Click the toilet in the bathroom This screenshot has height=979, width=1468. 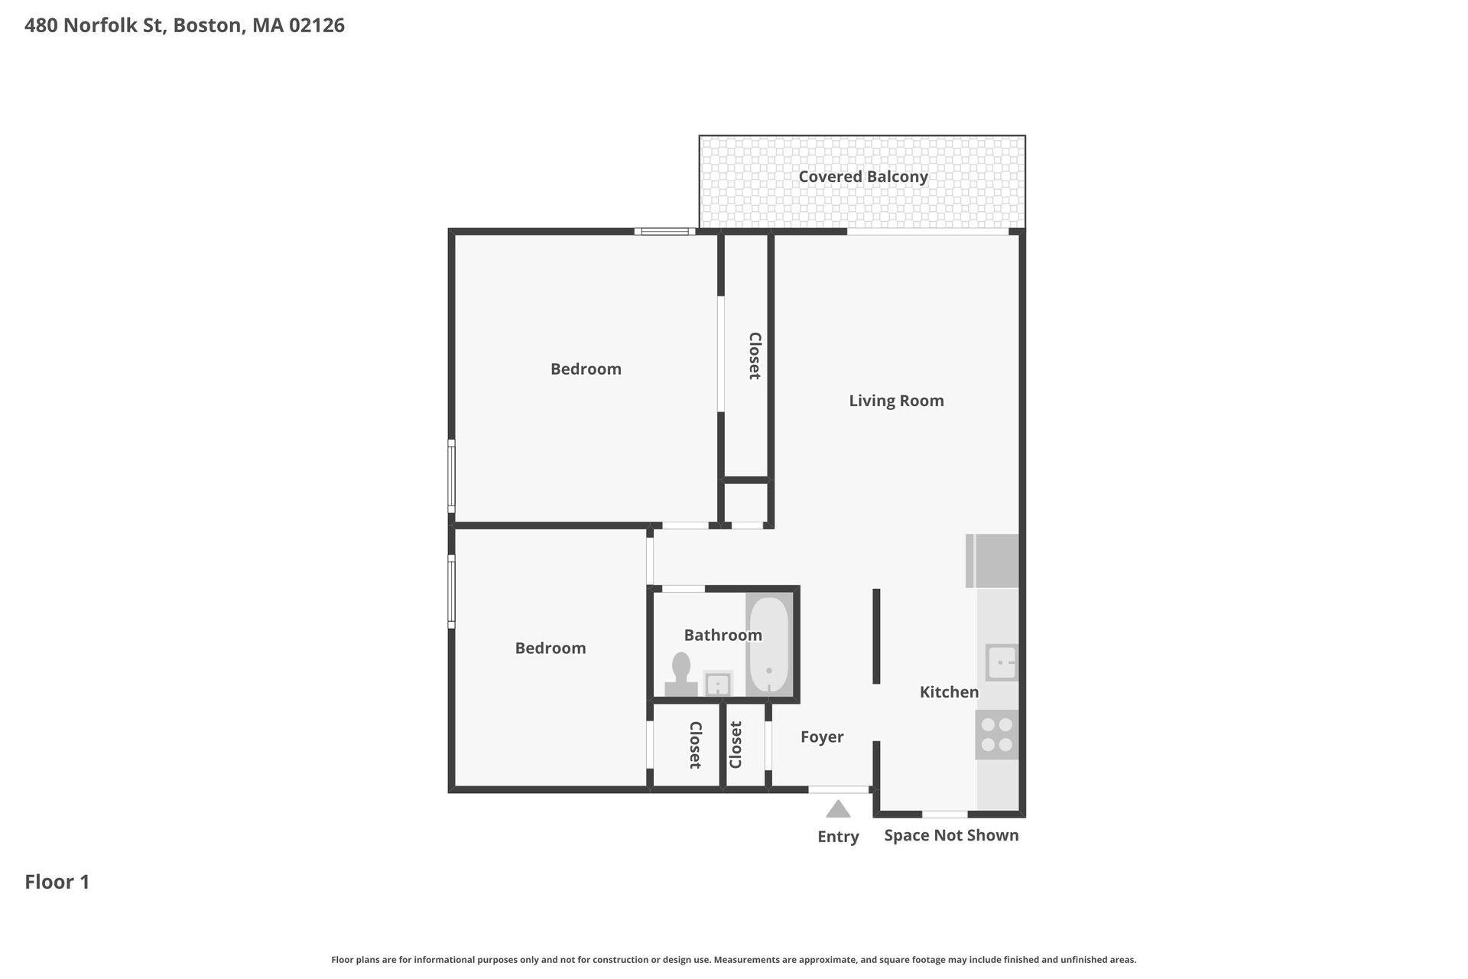(680, 675)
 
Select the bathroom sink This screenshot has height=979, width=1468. (717, 684)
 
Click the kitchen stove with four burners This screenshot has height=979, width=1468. (997, 734)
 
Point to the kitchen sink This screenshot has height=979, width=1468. (1001, 662)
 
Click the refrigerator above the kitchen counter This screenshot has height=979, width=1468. (993, 561)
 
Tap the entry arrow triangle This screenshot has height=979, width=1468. (838, 809)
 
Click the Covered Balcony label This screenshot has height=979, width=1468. (863, 177)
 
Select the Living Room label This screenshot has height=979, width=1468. (896, 401)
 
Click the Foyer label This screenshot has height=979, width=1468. (822, 737)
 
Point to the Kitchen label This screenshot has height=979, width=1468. (949, 692)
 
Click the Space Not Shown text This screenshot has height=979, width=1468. (951, 835)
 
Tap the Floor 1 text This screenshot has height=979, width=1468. (57, 882)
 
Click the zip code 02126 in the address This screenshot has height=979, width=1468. (317, 25)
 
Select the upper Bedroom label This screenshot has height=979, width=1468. (586, 369)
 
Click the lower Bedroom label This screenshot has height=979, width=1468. (550, 649)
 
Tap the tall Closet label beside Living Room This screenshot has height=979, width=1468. (754, 356)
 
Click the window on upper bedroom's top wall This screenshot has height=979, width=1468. (664, 231)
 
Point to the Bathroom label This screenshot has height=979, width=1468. (723, 635)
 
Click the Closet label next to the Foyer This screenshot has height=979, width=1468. (736, 745)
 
